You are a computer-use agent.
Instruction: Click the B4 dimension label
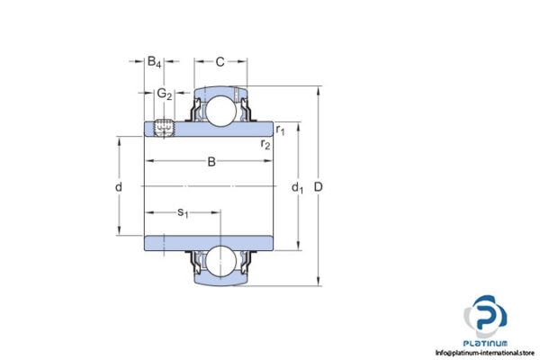[x=155, y=63]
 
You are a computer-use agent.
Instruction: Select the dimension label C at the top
[x=220, y=62]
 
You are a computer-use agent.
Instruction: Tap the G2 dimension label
[x=165, y=94]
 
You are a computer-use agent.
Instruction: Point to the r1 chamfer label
[x=280, y=130]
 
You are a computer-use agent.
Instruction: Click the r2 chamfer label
[x=265, y=144]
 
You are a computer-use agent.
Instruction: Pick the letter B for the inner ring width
[x=211, y=162]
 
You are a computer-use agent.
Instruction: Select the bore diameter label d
[x=119, y=186]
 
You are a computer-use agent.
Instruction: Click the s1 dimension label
[x=182, y=212]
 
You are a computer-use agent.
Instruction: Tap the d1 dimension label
[x=298, y=187]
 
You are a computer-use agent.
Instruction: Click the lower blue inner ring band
[x=211, y=244]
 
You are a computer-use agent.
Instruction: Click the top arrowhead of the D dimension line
[x=318, y=89]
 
